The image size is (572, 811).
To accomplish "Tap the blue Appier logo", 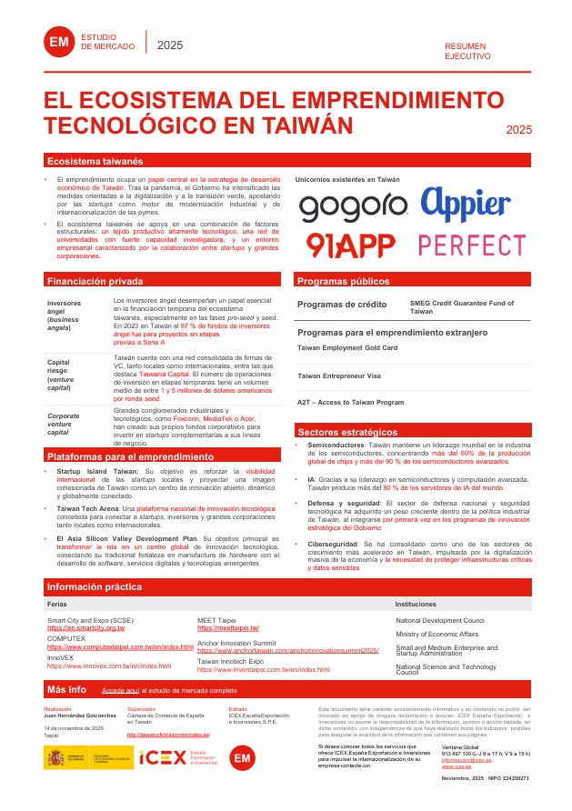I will (473, 205).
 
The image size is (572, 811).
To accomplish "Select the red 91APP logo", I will (349, 245).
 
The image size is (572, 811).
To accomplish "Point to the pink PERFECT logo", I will (473, 245).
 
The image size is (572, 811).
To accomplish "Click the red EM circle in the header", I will (59, 42).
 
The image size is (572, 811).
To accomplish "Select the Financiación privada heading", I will (95, 281).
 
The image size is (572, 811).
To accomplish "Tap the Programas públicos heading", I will (343, 282).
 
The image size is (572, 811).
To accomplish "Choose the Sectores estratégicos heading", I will (347, 432).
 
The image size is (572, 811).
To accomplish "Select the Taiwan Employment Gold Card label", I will (347, 348).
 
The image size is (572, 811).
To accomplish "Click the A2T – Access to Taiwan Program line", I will (350, 402).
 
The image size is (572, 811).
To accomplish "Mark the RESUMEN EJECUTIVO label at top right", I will (466, 51).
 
